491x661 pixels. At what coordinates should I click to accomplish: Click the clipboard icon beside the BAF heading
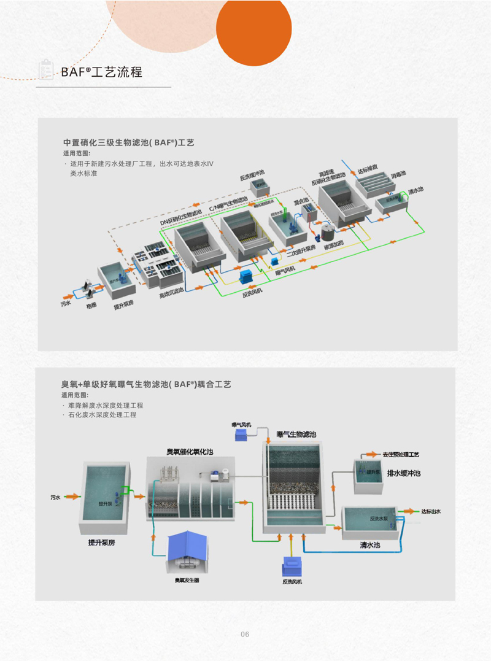point(44,69)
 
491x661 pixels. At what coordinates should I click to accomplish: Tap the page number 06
point(245,634)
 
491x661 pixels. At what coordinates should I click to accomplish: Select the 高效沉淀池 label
point(171,295)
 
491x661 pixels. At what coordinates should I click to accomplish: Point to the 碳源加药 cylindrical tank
point(327,233)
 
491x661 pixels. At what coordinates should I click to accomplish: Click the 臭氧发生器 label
point(187,580)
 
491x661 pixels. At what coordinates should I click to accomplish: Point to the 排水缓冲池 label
point(404,474)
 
